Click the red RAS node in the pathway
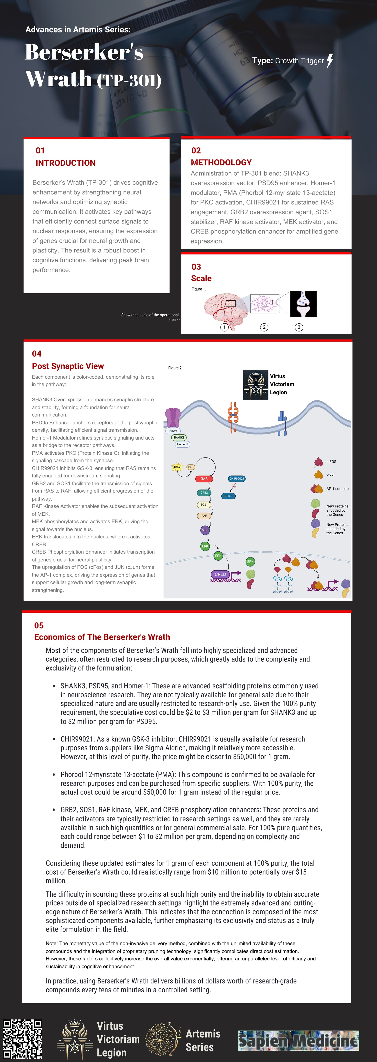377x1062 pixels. pos(204,479)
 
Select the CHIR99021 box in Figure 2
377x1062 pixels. pos(236,479)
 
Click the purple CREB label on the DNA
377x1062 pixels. pos(220,574)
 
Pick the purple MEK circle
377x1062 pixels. pos(205,530)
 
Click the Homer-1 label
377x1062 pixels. pos(182,444)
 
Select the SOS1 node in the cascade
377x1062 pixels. pos(204,505)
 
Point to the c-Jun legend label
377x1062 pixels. pos(331,474)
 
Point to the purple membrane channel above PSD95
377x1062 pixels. pos(172,418)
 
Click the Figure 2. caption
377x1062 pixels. pos(175,368)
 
